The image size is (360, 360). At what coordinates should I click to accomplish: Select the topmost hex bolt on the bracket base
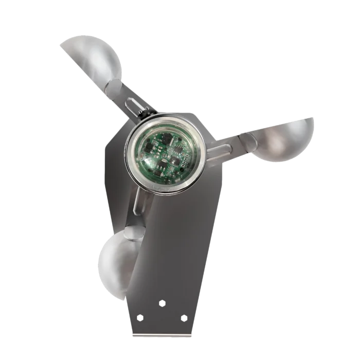pyautogui.click(x=163, y=302)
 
